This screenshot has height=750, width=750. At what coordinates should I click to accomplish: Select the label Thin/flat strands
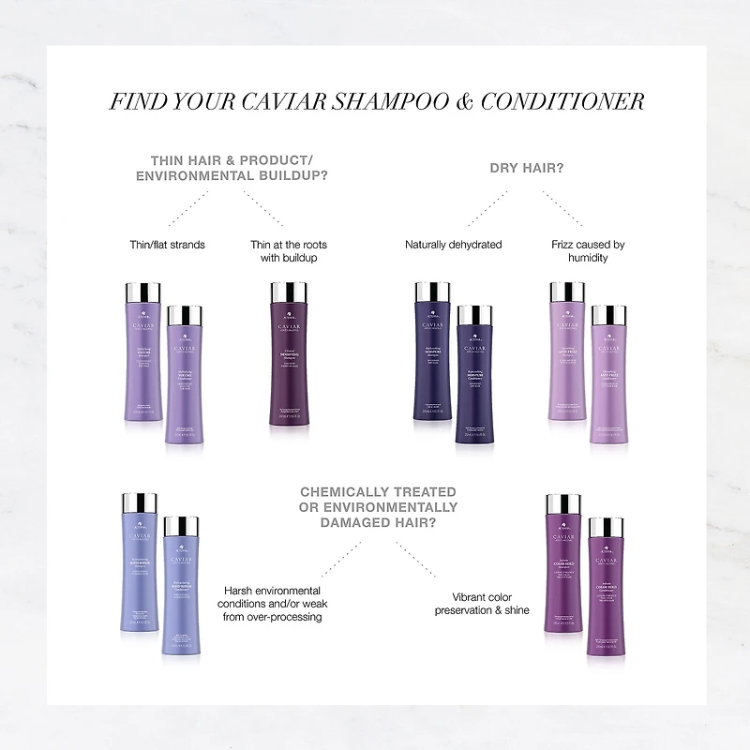coord(167,245)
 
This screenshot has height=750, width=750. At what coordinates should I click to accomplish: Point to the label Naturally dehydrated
coord(453,245)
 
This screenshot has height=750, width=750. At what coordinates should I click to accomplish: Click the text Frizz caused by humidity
coord(588,251)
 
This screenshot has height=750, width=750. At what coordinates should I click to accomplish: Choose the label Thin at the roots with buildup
coord(289,251)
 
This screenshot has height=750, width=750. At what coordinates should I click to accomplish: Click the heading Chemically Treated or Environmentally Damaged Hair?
coord(379,507)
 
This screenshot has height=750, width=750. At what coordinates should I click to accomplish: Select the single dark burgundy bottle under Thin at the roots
coord(289,366)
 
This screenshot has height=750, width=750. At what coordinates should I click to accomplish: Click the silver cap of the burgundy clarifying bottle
coord(289,293)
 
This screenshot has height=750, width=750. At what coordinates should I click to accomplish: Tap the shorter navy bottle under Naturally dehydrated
coord(474,380)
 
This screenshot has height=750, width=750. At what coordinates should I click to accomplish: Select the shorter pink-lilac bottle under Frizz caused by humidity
coord(607,380)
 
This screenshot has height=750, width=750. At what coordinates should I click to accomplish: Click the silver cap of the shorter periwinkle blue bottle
coord(181,526)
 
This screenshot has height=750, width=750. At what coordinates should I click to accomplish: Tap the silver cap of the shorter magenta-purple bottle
coord(606,526)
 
